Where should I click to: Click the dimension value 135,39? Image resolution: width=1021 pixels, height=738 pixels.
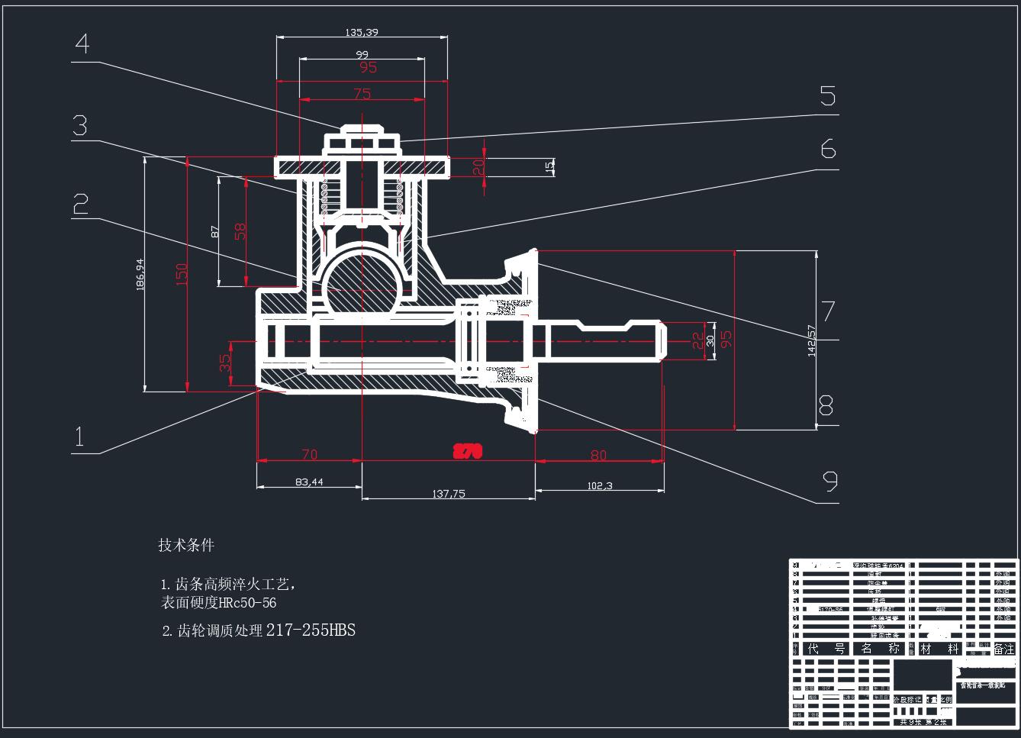click(x=362, y=32)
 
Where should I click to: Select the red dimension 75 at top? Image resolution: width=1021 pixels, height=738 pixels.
click(x=362, y=94)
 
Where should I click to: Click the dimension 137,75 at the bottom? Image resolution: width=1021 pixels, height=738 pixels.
click(x=448, y=494)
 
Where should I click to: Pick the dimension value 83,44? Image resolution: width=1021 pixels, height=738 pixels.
click(x=308, y=482)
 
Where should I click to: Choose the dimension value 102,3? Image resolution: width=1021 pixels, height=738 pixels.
click(x=599, y=485)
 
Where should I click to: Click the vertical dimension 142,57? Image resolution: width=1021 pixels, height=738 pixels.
click(x=811, y=340)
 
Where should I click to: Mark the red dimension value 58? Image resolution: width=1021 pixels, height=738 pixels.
click(x=240, y=230)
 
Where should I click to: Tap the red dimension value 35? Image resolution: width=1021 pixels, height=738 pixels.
click(x=225, y=363)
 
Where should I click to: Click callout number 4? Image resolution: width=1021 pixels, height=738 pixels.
click(x=82, y=44)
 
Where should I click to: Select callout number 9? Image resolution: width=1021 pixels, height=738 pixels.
click(x=830, y=482)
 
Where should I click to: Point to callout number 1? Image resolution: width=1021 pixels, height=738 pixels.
click(x=79, y=437)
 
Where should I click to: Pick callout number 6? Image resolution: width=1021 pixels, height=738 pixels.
click(x=828, y=150)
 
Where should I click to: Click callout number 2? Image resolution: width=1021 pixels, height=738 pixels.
click(x=80, y=204)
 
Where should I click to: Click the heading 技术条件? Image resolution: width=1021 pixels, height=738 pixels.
click(x=186, y=545)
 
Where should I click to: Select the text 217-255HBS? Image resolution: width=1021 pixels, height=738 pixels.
click(x=311, y=630)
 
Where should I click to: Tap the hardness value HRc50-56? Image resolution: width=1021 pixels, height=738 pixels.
click(x=247, y=603)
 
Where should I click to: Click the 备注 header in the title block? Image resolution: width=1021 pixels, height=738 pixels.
click(x=1004, y=649)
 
